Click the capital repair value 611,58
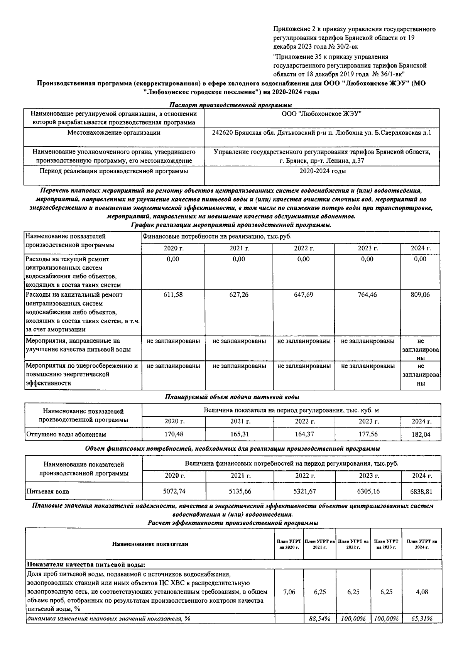point(173,295)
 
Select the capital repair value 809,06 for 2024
point(420,295)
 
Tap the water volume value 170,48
point(174,434)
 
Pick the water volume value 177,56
point(368,434)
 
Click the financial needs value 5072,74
point(174,492)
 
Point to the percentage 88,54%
point(320,619)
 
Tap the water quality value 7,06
point(289,592)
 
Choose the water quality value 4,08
point(422,592)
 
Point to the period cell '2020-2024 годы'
point(323,171)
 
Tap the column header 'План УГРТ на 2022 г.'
point(353,544)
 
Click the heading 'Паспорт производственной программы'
point(231,105)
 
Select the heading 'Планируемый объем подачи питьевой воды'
point(232,397)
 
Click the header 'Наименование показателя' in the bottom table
point(150,544)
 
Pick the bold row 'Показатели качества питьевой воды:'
point(85,564)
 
